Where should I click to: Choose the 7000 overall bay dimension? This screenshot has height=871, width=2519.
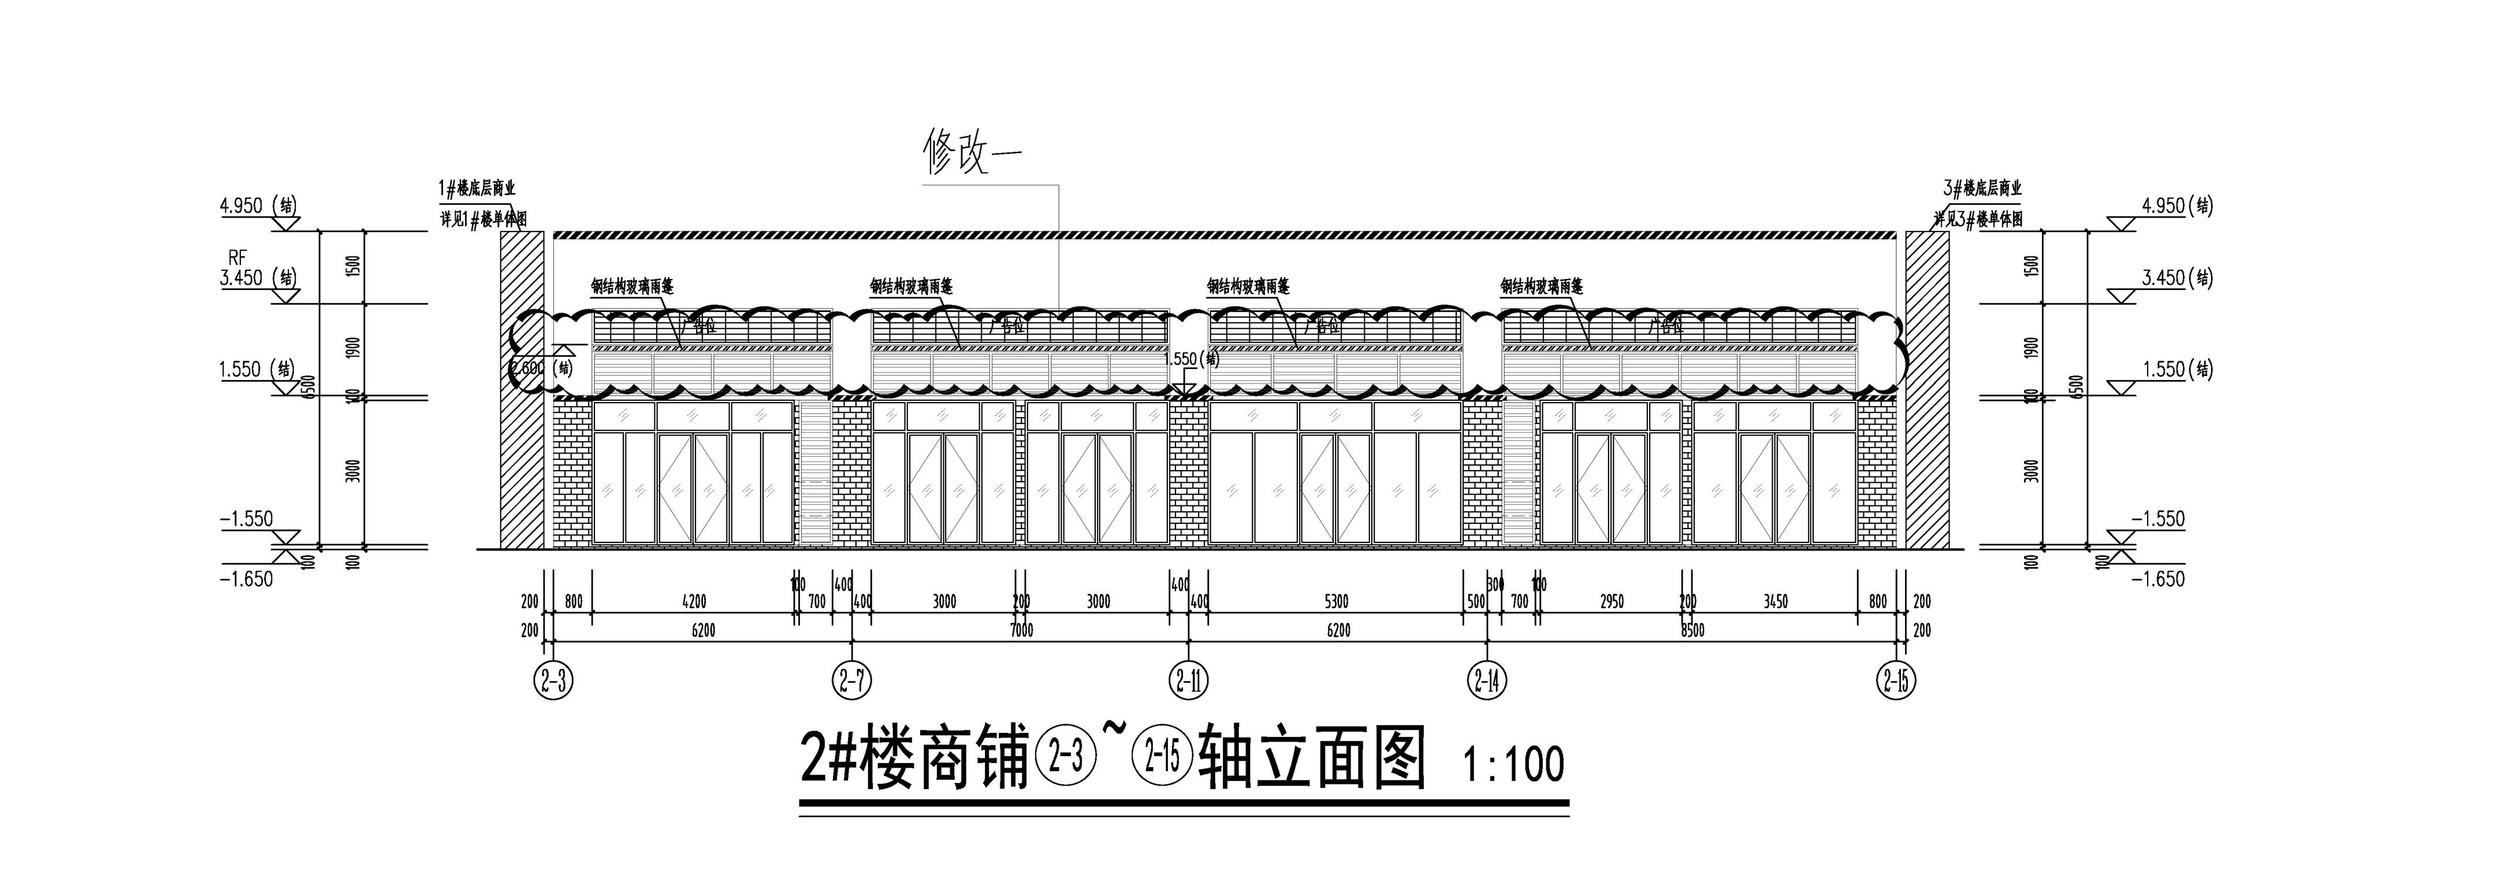(1021, 631)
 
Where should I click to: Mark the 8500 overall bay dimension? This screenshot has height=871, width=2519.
(1692, 631)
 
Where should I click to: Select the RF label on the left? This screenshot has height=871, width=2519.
(237, 257)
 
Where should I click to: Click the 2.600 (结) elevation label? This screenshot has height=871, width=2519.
(541, 368)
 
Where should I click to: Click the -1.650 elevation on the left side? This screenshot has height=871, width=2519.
(247, 579)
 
